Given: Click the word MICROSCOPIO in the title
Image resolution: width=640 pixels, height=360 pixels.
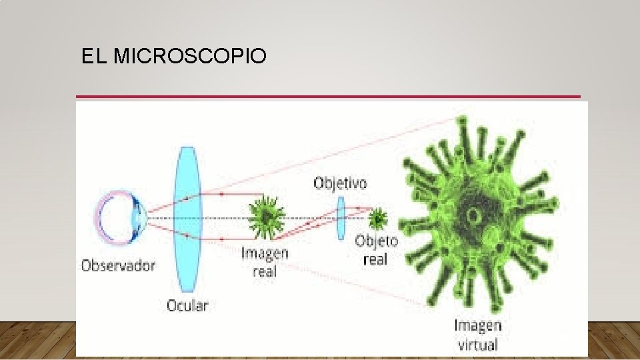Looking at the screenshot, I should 190,57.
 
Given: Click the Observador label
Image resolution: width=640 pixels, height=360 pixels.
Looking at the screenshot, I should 118,265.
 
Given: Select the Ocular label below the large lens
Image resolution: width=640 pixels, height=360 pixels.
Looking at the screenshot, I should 187,306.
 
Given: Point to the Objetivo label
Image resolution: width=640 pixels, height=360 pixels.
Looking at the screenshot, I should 340,183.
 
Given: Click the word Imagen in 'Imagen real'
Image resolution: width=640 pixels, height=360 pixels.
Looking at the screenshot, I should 265,253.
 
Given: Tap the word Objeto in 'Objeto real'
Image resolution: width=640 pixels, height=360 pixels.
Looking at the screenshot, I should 377,241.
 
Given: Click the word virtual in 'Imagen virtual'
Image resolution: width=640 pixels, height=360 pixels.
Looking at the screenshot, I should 477,345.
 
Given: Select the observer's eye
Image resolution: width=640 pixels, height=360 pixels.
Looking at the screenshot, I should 120,217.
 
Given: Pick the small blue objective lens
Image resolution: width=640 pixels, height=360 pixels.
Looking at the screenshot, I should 341,217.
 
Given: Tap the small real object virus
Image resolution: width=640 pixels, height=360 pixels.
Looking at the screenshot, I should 377,217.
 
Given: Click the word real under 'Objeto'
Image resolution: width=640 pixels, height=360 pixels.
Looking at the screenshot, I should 375,259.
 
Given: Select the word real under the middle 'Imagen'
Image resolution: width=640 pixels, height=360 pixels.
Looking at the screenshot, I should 264,271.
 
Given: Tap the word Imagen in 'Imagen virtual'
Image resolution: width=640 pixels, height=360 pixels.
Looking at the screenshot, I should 477,326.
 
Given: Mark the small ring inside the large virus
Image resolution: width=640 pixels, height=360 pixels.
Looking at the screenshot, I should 475,215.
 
